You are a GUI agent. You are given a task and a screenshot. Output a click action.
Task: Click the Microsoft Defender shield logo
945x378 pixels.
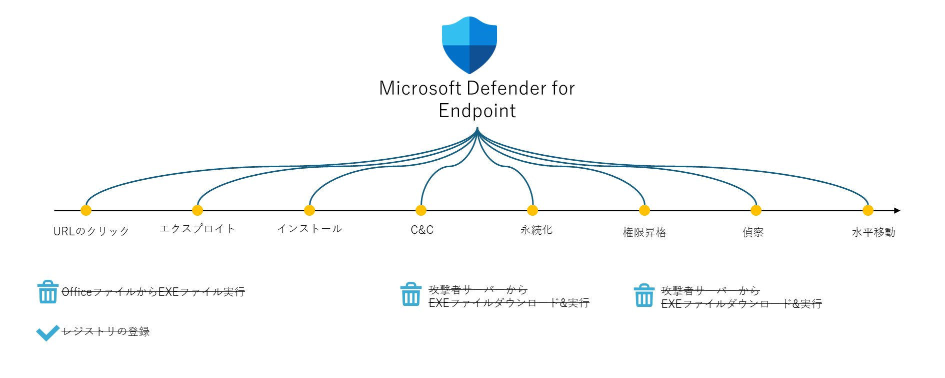(x=469, y=45)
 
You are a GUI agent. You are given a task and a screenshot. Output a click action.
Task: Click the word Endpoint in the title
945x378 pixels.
(x=477, y=111)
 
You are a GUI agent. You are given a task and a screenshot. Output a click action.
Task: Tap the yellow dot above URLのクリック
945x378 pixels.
(x=86, y=210)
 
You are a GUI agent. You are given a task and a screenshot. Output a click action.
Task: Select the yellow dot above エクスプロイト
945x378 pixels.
(x=197, y=210)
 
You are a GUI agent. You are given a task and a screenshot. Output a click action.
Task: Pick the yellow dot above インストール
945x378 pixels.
(x=309, y=210)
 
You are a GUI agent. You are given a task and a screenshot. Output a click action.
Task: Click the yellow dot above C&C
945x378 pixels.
(x=421, y=210)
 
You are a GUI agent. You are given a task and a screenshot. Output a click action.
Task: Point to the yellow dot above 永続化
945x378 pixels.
(x=532, y=210)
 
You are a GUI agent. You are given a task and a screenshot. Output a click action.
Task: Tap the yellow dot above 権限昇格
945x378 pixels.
(x=644, y=210)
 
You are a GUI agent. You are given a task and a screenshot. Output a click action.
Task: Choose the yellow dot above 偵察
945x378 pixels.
(x=756, y=210)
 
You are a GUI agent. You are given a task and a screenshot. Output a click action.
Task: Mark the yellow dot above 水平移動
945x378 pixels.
(x=868, y=210)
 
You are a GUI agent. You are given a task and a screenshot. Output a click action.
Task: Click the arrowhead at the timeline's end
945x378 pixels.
(x=897, y=210)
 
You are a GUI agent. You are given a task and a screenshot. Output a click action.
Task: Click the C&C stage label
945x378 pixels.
(x=422, y=230)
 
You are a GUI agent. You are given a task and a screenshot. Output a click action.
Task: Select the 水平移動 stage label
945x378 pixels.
(x=873, y=232)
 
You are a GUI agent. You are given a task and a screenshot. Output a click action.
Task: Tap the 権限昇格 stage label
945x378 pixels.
(x=644, y=232)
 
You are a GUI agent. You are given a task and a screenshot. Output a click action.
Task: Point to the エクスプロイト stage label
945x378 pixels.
(x=197, y=229)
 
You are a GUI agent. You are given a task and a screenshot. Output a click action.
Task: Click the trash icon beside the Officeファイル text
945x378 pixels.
(x=47, y=292)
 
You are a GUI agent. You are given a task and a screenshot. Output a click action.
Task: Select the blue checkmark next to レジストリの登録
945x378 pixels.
(x=48, y=333)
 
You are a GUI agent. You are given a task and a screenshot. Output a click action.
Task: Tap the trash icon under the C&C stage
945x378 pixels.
(x=410, y=294)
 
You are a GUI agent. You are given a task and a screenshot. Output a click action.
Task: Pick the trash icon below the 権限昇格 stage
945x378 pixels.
(x=644, y=295)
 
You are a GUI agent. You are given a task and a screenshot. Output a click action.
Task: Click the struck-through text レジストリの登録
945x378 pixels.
(x=105, y=331)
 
